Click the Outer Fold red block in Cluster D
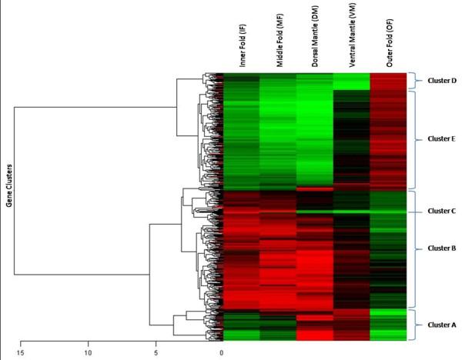pyautogui.click(x=388, y=81)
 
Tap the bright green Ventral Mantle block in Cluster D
pyautogui.click(x=351, y=81)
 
